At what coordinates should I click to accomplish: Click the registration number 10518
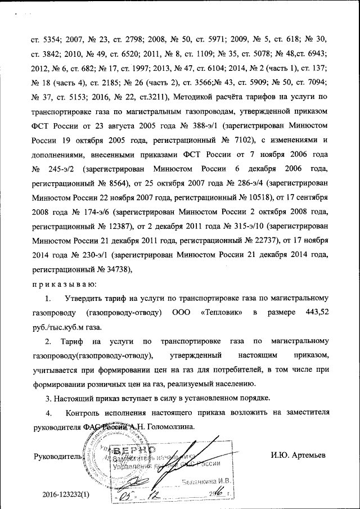coord(256,199)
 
